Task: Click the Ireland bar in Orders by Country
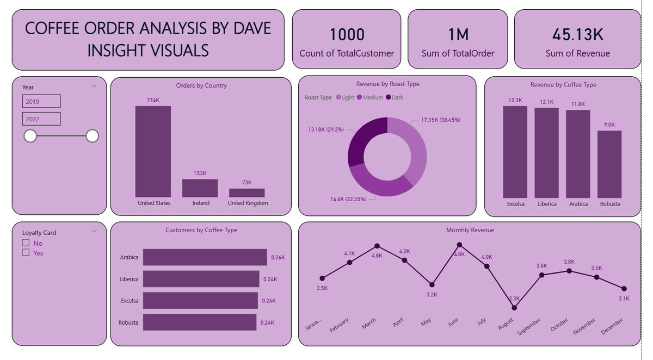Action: tap(200, 188)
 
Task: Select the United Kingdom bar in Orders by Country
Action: tap(247, 193)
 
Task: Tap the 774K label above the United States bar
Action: tap(153, 101)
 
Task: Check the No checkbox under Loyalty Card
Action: tap(26, 243)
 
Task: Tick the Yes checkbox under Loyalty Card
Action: tap(26, 252)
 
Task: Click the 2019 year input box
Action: tap(41, 101)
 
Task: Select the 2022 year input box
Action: tap(41, 119)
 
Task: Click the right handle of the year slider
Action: tap(93, 136)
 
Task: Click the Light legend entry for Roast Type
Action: tap(345, 97)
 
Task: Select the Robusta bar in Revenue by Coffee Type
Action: tap(609, 164)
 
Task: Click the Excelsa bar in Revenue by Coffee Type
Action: tap(515, 152)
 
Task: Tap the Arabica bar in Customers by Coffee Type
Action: tap(205, 257)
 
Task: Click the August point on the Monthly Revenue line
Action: tap(514, 308)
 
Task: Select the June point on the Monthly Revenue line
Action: tap(459, 245)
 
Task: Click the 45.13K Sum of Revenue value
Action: tap(577, 35)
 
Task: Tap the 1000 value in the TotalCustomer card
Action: tap(347, 35)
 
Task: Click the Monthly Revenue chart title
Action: tap(470, 230)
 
